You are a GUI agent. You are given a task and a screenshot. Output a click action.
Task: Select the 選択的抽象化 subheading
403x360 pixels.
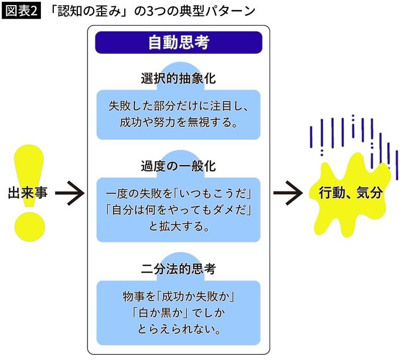click(178, 79)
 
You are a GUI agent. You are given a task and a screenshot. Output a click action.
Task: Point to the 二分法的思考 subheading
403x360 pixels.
click(178, 266)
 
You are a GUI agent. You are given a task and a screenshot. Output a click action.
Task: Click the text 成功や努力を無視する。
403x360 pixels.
click(178, 122)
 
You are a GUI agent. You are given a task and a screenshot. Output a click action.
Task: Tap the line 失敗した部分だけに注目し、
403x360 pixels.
click(178, 106)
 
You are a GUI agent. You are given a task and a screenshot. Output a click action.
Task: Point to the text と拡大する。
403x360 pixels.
click(178, 227)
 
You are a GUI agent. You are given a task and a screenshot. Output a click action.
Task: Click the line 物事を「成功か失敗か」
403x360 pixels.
click(178, 297)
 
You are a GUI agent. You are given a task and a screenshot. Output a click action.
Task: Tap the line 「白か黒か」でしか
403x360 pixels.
click(178, 312)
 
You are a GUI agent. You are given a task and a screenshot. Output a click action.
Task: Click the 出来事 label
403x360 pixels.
click(27, 193)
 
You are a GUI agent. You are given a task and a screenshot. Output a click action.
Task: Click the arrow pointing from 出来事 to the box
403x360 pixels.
click(69, 194)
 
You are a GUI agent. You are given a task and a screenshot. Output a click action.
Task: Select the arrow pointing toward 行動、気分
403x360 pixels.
click(288, 194)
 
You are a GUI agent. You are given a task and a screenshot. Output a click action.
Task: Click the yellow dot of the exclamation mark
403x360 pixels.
click(30, 225)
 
